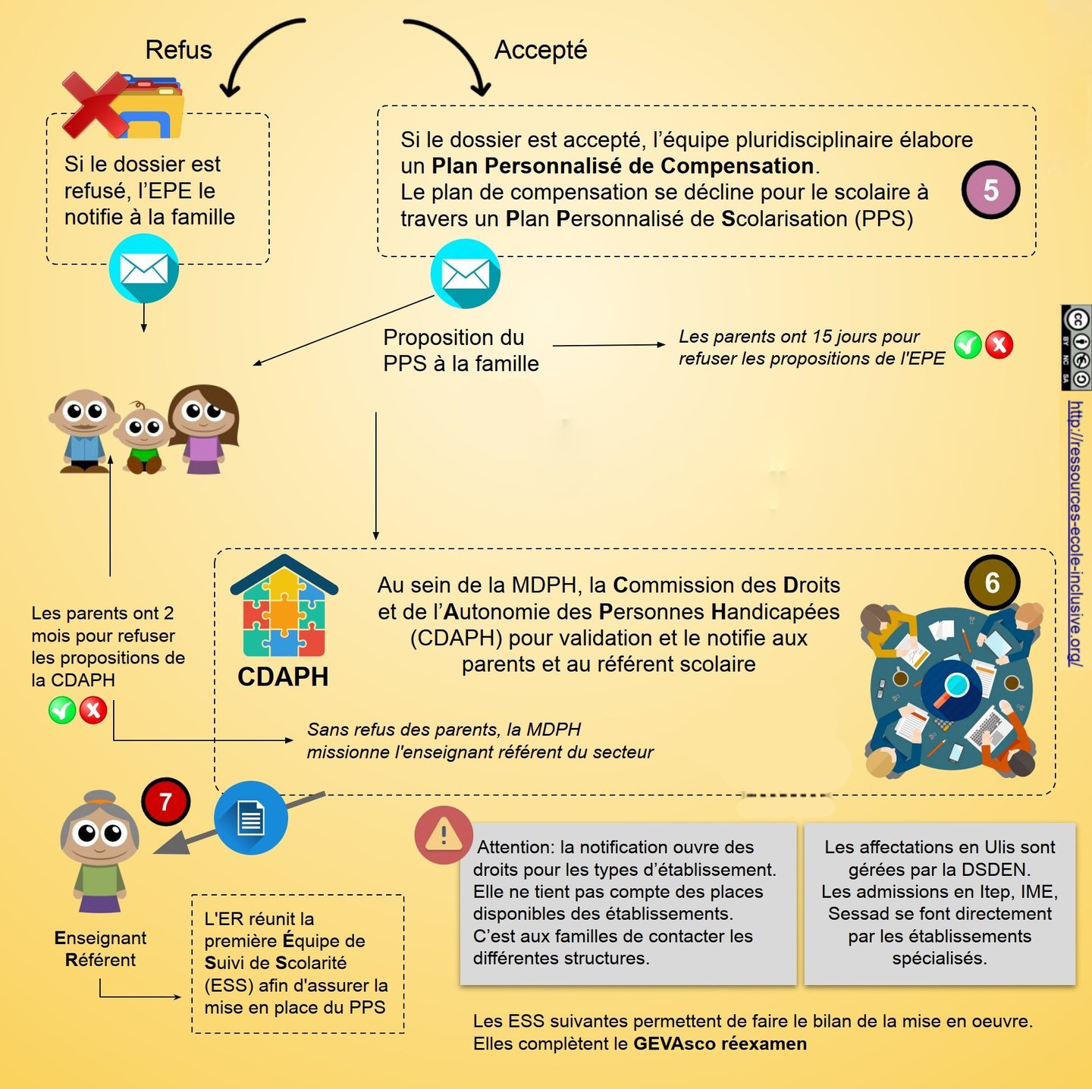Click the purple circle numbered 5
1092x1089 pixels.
click(990, 190)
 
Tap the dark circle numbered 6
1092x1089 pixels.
click(992, 582)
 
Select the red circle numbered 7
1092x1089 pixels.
click(165, 802)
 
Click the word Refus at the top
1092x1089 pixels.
click(178, 50)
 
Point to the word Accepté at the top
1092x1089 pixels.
click(541, 50)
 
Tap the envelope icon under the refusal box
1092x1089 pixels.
click(143, 268)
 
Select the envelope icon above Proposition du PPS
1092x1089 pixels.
click(465, 274)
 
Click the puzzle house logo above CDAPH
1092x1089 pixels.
click(284, 607)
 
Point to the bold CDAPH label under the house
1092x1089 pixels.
click(283, 676)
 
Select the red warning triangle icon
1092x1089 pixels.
click(444, 836)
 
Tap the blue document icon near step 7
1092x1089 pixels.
click(250, 818)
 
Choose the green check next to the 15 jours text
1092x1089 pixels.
click(968, 345)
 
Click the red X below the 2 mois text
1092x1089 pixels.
click(93, 711)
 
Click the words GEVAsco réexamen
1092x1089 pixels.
click(720, 1043)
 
